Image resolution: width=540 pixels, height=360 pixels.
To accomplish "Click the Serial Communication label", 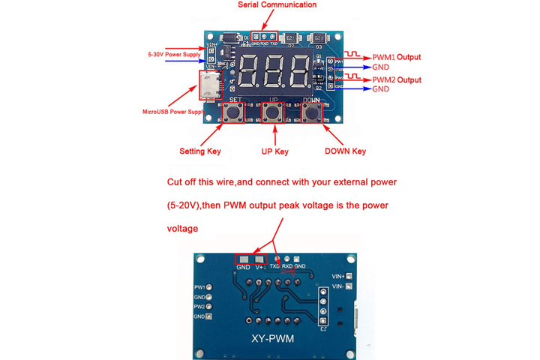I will [x=277, y=5].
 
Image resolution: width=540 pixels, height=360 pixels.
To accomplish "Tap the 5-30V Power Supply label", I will [x=174, y=55].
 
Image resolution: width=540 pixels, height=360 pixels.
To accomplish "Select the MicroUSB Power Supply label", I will [x=173, y=112].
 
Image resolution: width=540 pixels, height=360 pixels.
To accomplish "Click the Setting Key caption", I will [x=200, y=151].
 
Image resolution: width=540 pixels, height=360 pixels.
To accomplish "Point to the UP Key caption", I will [x=274, y=151].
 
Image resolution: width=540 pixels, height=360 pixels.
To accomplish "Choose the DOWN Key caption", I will [x=345, y=151].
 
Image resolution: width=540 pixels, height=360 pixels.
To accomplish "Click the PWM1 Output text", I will [x=397, y=57].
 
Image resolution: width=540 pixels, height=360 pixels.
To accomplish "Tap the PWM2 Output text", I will [x=397, y=80].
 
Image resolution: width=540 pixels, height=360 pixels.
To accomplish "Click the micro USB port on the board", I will [x=209, y=87].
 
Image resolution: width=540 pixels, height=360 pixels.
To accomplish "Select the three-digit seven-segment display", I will [x=277, y=73].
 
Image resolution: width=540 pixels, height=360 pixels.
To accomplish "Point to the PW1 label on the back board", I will [x=199, y=287].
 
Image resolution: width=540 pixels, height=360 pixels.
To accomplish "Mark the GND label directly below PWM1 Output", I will [x=381, y=67].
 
